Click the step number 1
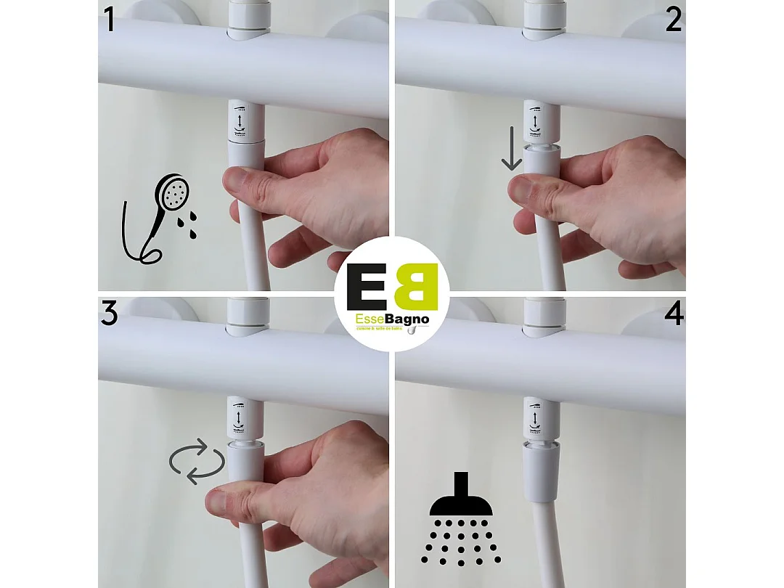click(x=110, y=20)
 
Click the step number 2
click(x=673, y=20)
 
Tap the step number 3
click(x=110, y=314)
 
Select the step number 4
click(x=674, y=314)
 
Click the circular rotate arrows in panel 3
click(x=197, y=461)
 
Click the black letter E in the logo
click(x=367, y=287)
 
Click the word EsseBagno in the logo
click(x=392, y=319)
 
